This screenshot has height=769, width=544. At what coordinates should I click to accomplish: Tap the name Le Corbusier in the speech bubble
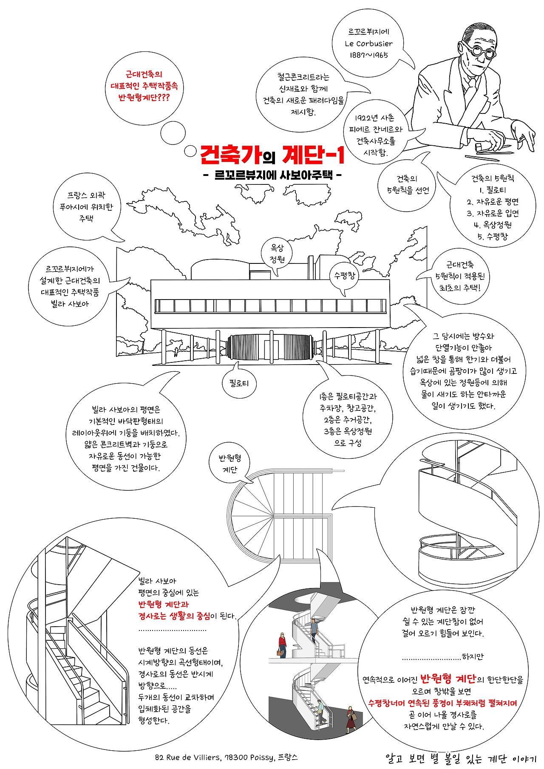click(368, 43)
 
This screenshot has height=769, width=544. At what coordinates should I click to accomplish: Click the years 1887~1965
click(368, 55)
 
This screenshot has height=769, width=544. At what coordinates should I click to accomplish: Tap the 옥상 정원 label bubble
click(278, 254)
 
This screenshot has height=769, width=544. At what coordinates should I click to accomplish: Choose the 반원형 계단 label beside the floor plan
click(230, 464)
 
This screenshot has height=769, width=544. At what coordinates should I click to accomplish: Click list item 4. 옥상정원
click(493, 225)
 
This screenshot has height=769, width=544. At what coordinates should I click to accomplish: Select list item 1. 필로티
click(493, 190)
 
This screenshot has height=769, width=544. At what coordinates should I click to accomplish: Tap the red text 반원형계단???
click(144, 98)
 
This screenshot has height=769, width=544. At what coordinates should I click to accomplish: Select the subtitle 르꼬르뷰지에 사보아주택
click(274, 175)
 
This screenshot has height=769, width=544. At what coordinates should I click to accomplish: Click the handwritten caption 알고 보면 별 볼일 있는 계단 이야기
click(461, 758)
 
